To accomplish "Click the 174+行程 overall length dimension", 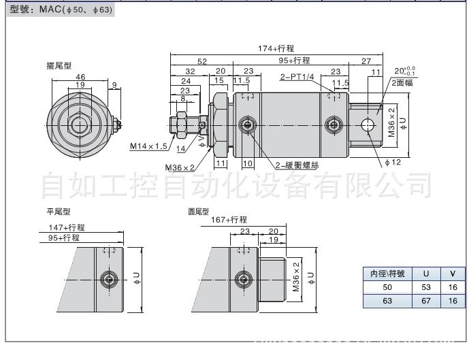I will (275, 48).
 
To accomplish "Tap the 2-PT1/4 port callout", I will (296, 78).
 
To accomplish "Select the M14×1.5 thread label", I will (149, 146).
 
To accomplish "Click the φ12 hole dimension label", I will (394, 162).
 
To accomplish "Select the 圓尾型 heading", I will (199, 212).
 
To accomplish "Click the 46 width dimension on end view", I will (80, 78).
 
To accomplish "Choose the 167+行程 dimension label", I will (228, 219).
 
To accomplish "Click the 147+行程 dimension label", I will (66, 227).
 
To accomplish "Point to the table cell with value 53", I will (426, 287).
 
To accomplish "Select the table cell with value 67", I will (426, 301).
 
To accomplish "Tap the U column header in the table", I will (426, 274).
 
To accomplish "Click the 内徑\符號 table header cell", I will (387, 274).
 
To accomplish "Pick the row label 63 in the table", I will (387, 301).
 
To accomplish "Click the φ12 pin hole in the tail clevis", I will (369, 124).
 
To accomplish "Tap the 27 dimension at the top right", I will (366, 60).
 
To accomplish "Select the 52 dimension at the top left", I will (202, 60).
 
